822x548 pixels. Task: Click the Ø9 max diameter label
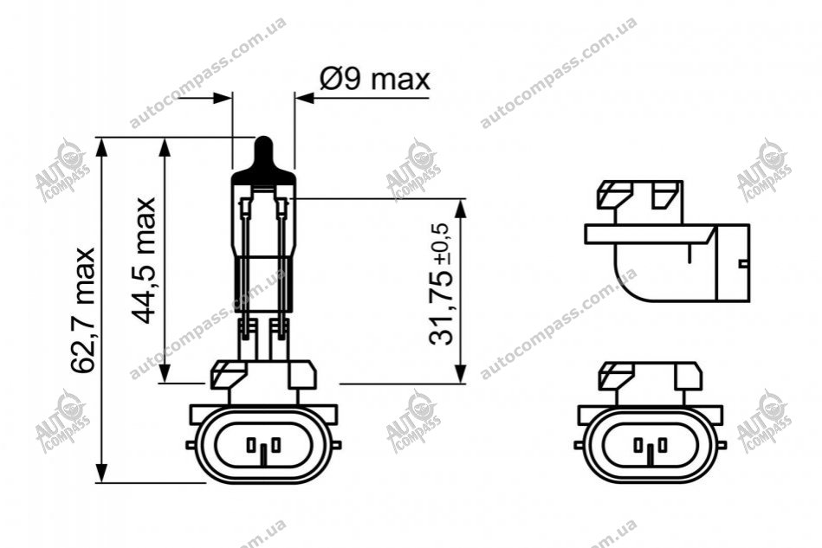(374, 80)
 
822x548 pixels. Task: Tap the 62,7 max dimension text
(84, 310)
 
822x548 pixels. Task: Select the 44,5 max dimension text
(143, 261)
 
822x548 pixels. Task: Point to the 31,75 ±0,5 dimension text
(439, 283)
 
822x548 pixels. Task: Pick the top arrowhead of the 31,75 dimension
(460, 208)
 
